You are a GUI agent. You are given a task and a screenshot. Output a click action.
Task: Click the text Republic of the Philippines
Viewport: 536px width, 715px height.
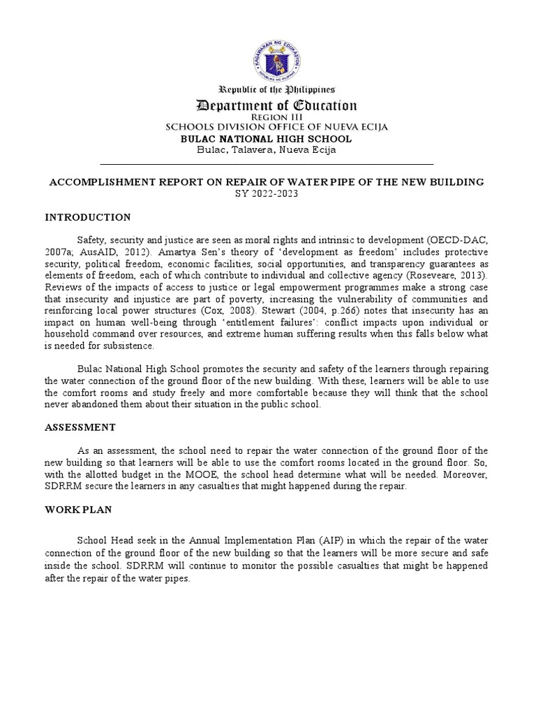[278, 90]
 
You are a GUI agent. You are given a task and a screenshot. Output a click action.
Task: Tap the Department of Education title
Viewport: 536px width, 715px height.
[276, 106]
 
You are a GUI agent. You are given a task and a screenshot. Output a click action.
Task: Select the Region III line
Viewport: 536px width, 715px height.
[276, 118]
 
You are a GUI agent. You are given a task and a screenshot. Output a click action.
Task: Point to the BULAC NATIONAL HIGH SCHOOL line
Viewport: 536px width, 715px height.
[267, 138]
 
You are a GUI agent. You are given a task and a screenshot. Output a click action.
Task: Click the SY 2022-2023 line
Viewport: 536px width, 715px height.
[265, 193]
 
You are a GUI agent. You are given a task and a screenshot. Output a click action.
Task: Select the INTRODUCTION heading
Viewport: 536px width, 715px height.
[88, 218]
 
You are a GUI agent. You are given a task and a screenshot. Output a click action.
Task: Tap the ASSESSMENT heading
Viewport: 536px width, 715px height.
[81, 427]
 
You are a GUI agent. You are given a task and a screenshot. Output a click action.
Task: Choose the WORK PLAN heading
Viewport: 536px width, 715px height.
[78, 510]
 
